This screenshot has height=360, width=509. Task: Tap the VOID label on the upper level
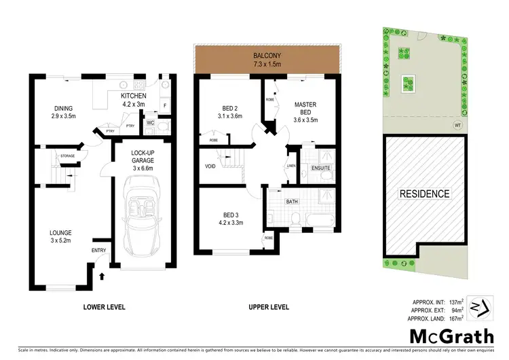(x=210, y=165)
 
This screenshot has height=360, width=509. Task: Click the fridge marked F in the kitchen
(x=164, y=107)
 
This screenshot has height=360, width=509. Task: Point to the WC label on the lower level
(x=151, y=124)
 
